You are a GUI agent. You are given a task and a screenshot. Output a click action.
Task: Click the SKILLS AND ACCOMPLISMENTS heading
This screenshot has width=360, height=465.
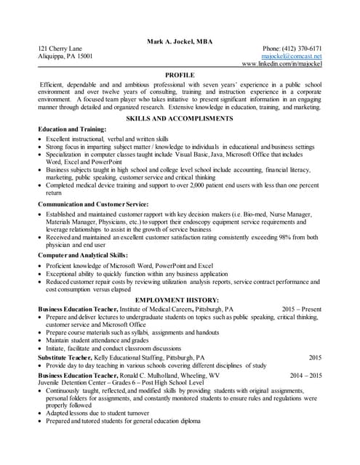[180, 118]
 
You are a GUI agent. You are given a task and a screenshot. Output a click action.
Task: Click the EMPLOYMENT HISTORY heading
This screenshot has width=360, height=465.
[180, 299]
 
